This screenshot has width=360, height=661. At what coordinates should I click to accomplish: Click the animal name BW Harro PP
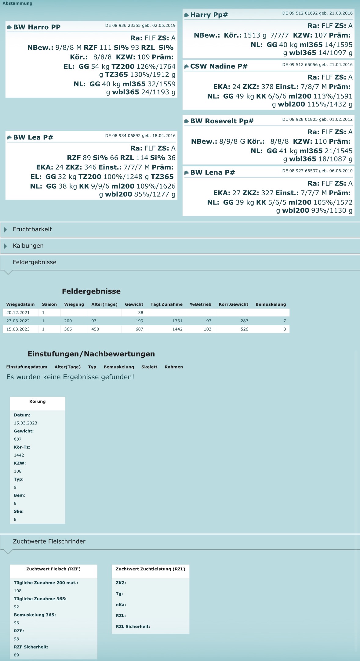(x=37, y=27)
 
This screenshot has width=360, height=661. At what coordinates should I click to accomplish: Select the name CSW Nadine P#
(x=219, y=67)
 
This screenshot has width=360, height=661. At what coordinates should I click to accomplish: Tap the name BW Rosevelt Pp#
(x=222, y=121)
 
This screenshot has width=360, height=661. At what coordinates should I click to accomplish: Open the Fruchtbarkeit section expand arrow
(x=5, y=229)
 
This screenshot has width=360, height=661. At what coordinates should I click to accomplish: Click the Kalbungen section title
(x=28, y=246)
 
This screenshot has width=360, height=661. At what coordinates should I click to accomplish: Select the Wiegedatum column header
(x=20, y=304)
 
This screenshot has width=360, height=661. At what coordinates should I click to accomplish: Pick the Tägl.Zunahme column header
(x=166, y=304)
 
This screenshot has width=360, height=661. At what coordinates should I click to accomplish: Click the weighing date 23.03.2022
(x=18, y=321)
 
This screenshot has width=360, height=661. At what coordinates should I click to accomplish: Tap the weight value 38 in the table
(x=140, y=313)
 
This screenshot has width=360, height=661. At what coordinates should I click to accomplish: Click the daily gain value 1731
(x=177, y=321)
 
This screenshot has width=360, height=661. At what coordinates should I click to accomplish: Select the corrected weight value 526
(x=244, y=329)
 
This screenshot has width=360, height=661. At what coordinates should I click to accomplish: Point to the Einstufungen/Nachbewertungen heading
(x=91, y=354)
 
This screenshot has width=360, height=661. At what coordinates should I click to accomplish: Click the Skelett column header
(x=149, y=367)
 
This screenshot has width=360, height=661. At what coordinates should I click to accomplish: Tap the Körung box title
(x=37, y=402)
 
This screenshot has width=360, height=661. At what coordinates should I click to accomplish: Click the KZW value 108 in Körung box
(x=18, y=471)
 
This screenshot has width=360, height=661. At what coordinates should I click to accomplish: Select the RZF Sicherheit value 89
(x=16, y=655)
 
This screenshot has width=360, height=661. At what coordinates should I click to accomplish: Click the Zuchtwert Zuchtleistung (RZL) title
(x=150, y=569)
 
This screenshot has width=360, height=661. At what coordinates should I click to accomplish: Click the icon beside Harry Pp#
(x=186, y=15)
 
